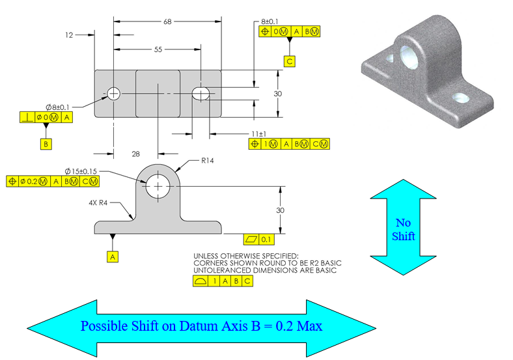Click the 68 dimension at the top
(x=167, y=21)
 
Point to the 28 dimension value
(x=135, y=154)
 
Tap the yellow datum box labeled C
(x=290, y=61)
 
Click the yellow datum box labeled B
(x=46, y=145)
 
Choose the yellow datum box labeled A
(x=113, y=257)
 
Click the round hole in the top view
(x=115, y=94)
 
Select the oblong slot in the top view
(x=201, y=94)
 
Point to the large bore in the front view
(x=157, y=187)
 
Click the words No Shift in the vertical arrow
(x=403, y=228)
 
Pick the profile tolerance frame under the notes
(x=223, y=281)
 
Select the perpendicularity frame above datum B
(x=46, y=117)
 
